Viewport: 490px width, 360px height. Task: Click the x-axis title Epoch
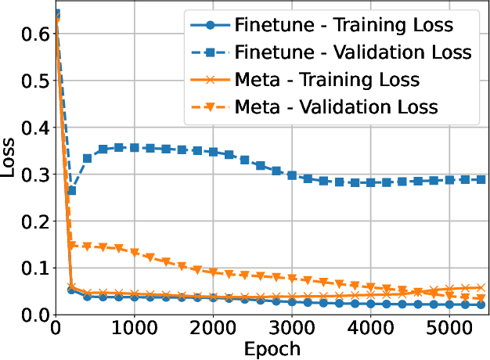click(x=271, y=347)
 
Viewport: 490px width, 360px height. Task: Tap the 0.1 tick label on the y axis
click(x=34, y=268)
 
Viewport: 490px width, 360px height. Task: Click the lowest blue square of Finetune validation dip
click(x=71, y=190)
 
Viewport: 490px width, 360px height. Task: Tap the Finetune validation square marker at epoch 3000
click(x=292, y=175)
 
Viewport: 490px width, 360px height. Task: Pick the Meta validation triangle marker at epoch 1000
click(x=134, y=253)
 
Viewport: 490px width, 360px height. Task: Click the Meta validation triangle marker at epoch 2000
click(x=213, y=272)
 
